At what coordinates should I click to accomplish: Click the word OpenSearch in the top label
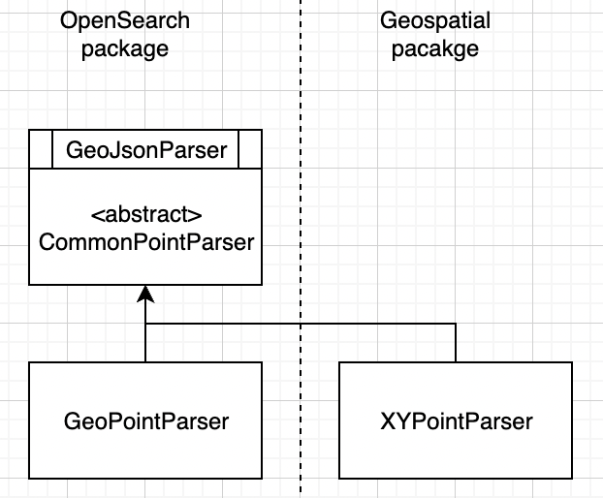[x=124, y=20]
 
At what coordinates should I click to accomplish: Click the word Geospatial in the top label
[x=435, y=20]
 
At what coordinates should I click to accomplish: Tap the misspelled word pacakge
[x=435, y=47]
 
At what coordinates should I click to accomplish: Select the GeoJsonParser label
[x=145, y=150]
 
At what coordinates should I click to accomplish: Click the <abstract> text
[x=145, y=214]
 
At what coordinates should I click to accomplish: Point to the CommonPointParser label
[x=145, y=241]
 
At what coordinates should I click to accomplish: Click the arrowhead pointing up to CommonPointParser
[x=145, y=294]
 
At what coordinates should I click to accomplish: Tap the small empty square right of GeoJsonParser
[x=250, y=150]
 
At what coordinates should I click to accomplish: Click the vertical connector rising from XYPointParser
[x=456, y=343]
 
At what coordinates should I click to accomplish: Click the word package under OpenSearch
[x=124, y=47]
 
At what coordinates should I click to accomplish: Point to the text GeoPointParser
[x=145, y=421]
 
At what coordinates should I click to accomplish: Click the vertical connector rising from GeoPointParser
[x=145, y=343]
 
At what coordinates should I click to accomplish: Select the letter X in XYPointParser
[x=387, y=421]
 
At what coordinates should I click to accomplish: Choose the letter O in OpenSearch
[x=68, y=20]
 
